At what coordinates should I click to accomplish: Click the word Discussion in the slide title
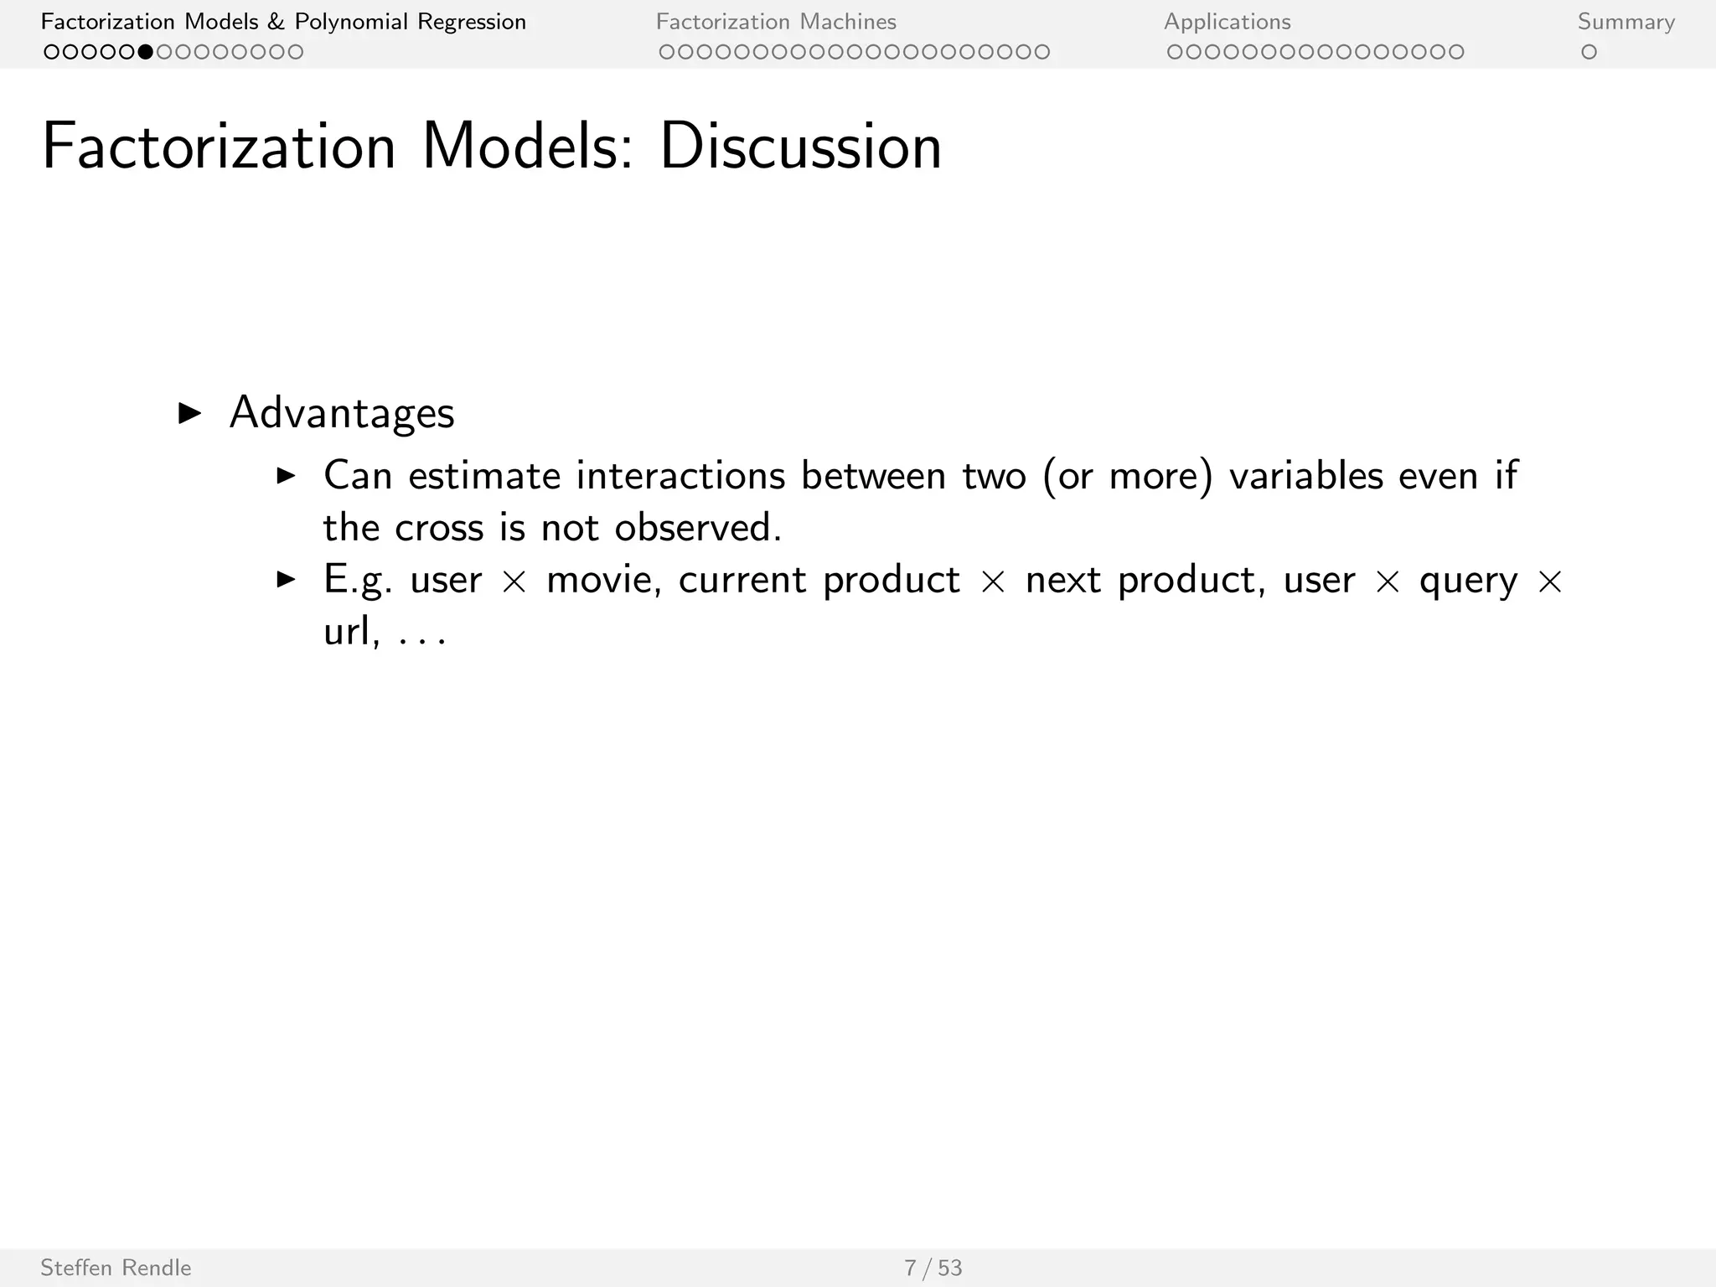point(800,147)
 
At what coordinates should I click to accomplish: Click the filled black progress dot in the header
point(146,52)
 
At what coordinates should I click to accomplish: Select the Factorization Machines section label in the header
point(776,22)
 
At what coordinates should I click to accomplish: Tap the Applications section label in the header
point(1227,22)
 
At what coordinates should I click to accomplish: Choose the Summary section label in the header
point(1626,22)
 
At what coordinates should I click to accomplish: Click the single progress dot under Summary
point(1589,52)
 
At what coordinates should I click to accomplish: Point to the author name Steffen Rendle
point(116,1268)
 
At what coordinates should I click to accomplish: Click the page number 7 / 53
point(933,1268)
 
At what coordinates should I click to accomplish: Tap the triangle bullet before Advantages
point(190,413)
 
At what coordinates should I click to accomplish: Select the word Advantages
point(342,413)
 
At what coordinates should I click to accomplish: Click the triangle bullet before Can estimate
point(287,476)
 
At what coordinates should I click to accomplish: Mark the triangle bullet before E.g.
point(287,579)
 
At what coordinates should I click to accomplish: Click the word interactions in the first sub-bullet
point(680,476)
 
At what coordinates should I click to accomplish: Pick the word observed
point(697,528)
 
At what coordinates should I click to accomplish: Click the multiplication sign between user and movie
point(514,581)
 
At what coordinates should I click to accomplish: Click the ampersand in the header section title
point(276,22)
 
